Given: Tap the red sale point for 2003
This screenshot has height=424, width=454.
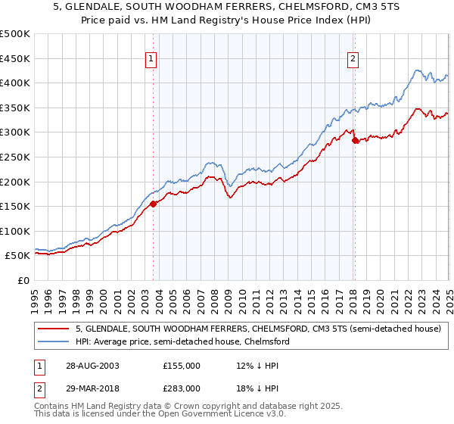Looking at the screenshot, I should (154, 203).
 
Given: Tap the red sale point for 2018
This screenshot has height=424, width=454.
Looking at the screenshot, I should (355, 140).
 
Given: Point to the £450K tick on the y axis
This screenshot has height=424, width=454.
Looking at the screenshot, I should (15, 58).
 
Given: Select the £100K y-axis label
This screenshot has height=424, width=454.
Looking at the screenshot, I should (15, 231).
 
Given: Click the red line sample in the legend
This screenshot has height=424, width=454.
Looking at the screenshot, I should (53, 329).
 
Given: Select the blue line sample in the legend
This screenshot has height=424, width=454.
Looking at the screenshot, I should (53, 342).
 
